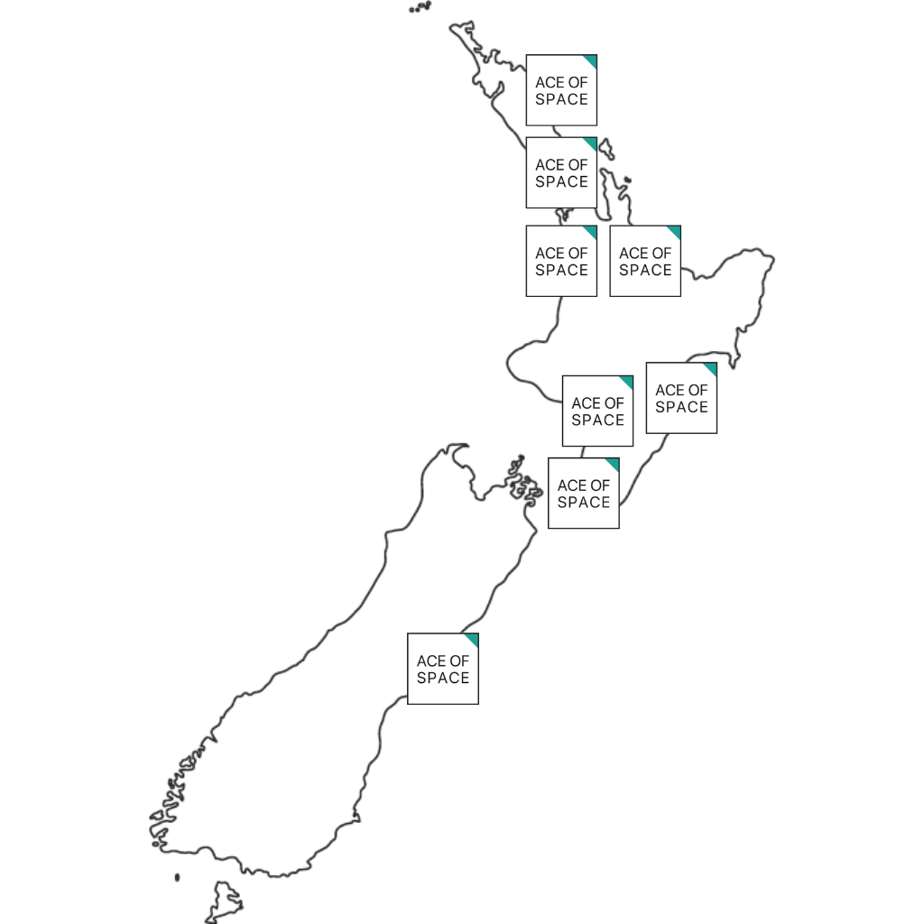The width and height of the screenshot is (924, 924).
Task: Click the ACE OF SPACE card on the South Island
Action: (442, 669)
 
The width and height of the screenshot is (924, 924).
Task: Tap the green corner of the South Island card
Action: (472, 639)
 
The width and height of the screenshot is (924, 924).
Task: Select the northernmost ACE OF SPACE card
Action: (561, 90)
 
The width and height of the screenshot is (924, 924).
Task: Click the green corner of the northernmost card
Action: (591, 60)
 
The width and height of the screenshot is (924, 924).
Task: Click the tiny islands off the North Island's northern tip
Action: (420, 8)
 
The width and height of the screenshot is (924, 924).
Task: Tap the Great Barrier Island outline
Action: (606, 148)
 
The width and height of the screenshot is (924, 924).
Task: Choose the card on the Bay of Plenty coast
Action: (645, 261)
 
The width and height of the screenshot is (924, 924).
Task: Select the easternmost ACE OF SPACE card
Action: (681, 398)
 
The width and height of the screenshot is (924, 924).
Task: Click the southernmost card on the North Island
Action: (583, 493)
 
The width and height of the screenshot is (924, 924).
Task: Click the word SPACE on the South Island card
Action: (442, 678)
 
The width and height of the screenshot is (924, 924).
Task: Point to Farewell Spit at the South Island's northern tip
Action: (455, 446)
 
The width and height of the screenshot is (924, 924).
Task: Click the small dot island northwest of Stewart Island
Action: (177, 876)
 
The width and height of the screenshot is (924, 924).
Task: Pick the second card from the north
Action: (561, 172)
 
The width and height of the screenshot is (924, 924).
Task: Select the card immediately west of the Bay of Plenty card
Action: (561, 261)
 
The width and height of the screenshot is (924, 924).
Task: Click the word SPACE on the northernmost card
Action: (561, 99)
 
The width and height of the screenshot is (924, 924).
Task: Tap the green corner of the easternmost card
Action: (711, 368)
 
